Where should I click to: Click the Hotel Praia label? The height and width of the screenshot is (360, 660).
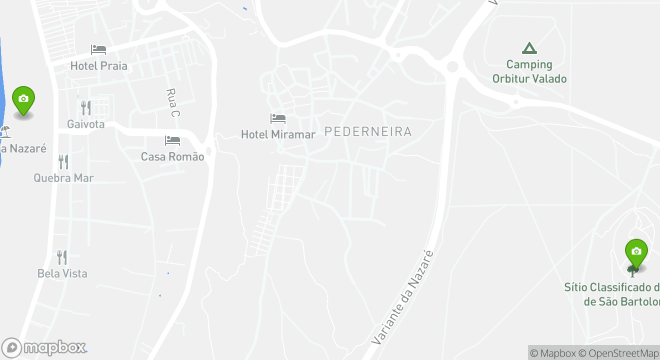98,66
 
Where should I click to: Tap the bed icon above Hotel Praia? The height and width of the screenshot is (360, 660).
98,49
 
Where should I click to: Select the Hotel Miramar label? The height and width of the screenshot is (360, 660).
278,134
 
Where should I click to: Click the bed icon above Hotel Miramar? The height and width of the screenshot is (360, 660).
278,118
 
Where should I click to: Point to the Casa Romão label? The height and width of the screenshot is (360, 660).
172,157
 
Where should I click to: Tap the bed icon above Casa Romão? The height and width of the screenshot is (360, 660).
172,140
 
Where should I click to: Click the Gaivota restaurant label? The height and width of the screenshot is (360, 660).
86,124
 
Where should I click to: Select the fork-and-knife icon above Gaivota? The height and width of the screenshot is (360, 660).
86,107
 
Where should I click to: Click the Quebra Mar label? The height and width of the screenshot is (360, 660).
63,178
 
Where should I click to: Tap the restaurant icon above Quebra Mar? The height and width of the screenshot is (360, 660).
63,161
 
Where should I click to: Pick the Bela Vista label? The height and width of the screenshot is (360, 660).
62,273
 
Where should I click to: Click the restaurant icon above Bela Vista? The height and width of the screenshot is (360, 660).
62,257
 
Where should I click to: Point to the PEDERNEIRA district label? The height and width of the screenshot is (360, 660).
368,131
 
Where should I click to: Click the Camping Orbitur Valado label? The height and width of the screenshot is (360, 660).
529,71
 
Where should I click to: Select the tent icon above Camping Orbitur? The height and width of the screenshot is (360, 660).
529,48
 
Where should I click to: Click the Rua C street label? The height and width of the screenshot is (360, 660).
172,102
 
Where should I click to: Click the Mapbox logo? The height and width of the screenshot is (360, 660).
44,347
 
